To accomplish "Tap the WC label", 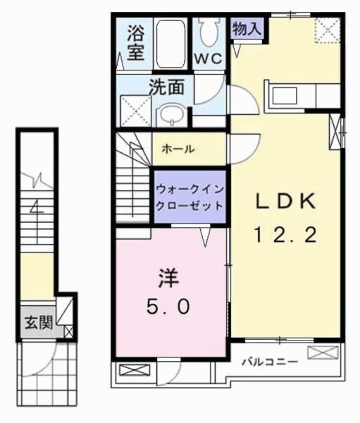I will pos(209,59).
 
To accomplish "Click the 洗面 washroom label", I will pos(166,87).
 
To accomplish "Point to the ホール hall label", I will pos(178,149).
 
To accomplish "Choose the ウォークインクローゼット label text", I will pos(190,197).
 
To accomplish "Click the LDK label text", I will pos(285,203).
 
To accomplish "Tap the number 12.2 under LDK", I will pos(285,235).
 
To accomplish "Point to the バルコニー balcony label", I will pos(270,362).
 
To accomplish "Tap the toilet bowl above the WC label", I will pos(209,30).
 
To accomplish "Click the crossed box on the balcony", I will pos(318,352).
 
